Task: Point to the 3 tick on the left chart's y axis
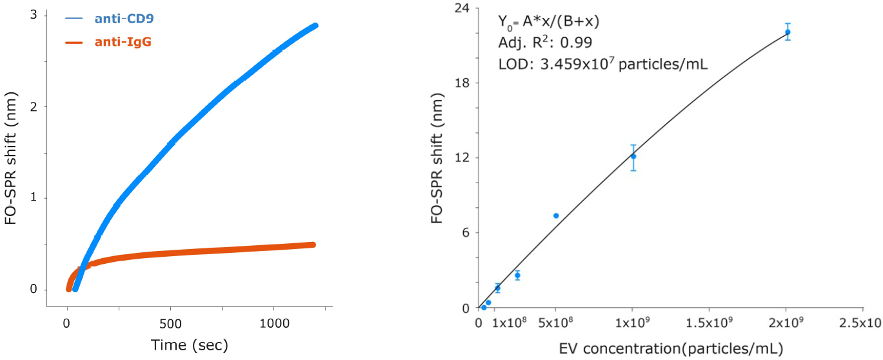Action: point(34,15)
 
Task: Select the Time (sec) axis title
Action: point(190,345)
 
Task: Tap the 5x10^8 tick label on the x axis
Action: point(555,323)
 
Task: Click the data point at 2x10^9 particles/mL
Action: point(788,32)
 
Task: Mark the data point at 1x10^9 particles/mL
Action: point(633,156)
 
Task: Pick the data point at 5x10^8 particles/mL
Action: point(556,215)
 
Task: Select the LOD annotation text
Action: point(603,65)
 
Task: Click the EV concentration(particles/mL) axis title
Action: point(671,349)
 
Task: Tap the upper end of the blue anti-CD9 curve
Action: point(315,26)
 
